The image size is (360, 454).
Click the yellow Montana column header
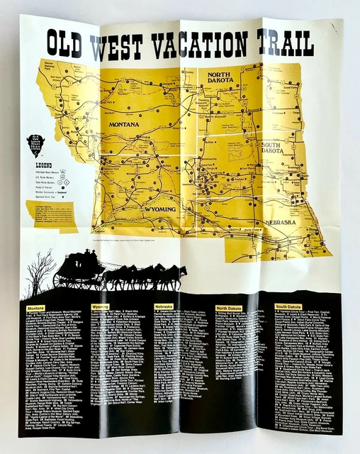tap(35, 308)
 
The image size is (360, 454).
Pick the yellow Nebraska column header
tap(164, 307)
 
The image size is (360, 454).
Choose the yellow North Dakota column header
tap(229, 308)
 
